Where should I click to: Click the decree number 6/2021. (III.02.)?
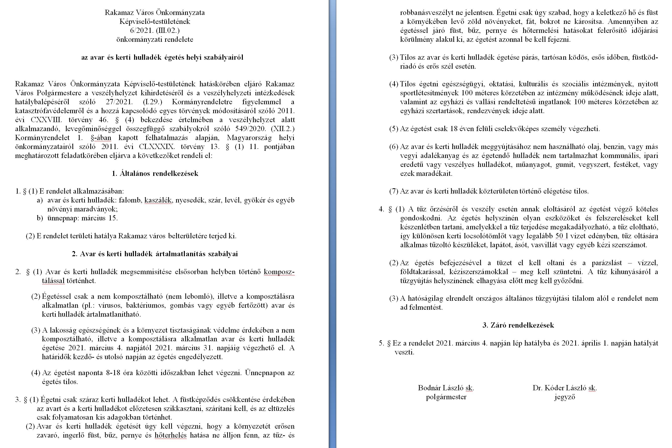pos(155,30)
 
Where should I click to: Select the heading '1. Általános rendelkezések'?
pos(155,173)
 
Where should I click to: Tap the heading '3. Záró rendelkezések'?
pos(518,325)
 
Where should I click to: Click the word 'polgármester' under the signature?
pos(446,397)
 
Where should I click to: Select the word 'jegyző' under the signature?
pos(565,397)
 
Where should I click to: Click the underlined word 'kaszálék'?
pos(158,200)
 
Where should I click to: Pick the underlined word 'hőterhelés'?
pos(171,435)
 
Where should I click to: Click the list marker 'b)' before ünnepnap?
pos(40,218)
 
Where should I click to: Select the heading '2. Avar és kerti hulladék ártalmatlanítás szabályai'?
pos(155,254)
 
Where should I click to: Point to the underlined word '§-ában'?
pos(101,138)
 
